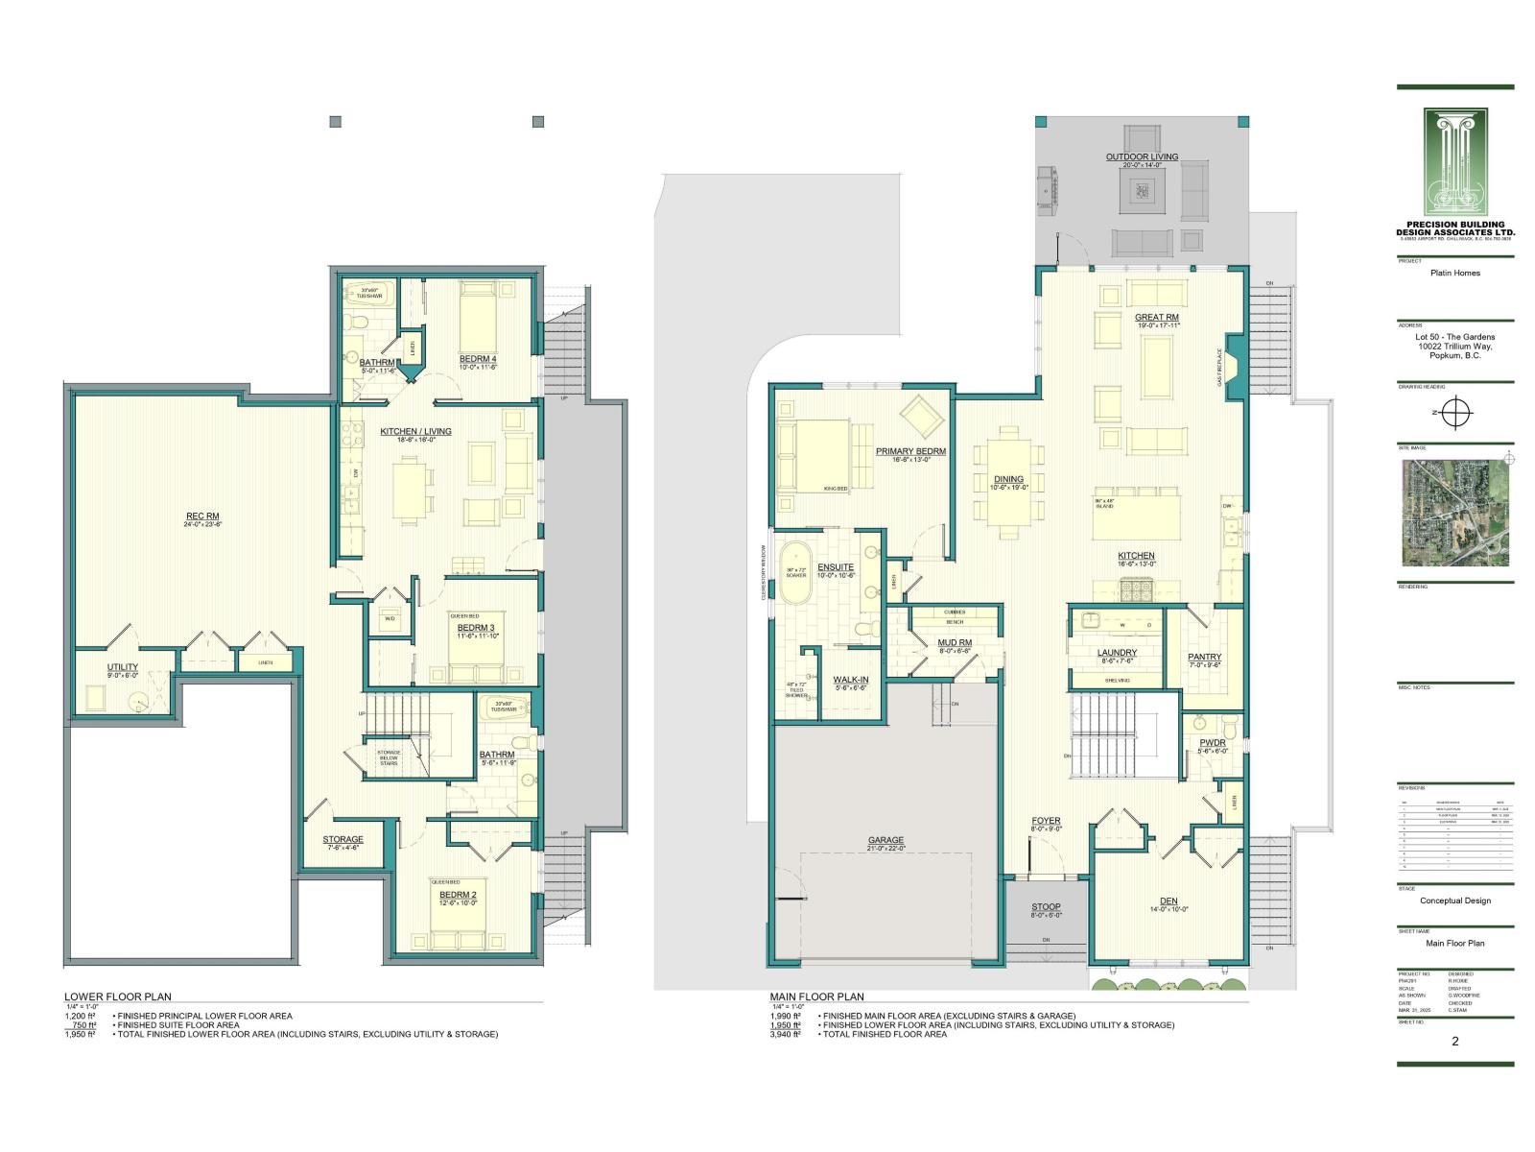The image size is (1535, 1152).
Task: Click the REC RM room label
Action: click(201, 516)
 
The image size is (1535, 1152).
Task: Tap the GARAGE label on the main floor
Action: click(886, 840)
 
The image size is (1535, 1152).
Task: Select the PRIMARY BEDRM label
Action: click(910, 451)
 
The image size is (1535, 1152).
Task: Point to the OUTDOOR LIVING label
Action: click(1142, 156)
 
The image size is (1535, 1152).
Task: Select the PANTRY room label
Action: click(1204, 657)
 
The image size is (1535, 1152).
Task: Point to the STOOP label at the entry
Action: click(1046, 906)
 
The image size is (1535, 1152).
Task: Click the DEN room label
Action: click(1169, 900)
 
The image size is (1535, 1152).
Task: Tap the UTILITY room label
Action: click(122, 667)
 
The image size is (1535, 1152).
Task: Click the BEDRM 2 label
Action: click(458, 894)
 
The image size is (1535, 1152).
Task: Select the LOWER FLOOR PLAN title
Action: click(118, 996)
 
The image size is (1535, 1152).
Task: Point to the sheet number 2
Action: click(1455, 1041)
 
